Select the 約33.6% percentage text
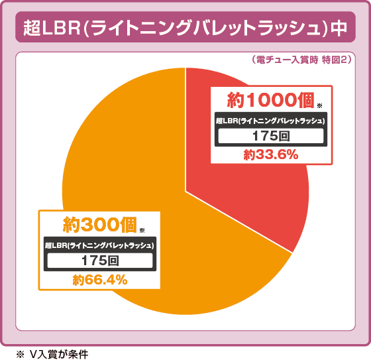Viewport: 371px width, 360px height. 270,154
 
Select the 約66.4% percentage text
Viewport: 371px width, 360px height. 100,280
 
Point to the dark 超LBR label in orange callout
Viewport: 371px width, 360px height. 99,245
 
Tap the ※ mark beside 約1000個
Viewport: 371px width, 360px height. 320,106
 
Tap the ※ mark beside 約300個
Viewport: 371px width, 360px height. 142,229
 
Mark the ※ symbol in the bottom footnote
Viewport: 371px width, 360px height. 21,353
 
